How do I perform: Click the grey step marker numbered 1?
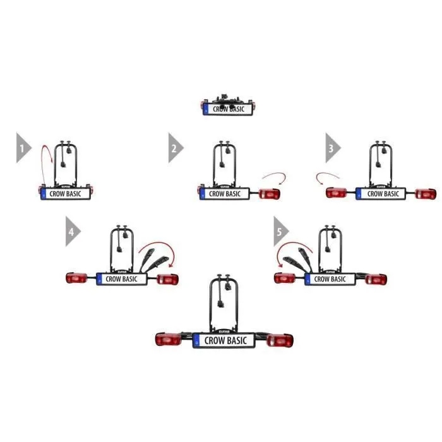(x=23, y=148)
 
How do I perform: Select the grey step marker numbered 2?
(x=176, y=148)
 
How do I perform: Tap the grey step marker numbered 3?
(x=333, y=148)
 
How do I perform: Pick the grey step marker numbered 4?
(x=73, y=232)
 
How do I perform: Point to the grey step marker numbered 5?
(x=280, y=232)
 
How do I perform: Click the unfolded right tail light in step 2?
(x=270, y=194)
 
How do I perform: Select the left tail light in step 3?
(x=337, y=193)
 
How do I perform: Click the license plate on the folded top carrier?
(x=228, y=109)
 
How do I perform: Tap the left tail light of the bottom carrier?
(x=169, y=339)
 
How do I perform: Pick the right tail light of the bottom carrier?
(x=280, y=340)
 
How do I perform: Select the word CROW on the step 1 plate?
(x=57, y=194)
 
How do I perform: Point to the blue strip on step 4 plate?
(x=99, y=279)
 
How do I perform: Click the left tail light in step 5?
(x=285, y=278)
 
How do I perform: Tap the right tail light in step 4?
(x=167, y=279)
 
